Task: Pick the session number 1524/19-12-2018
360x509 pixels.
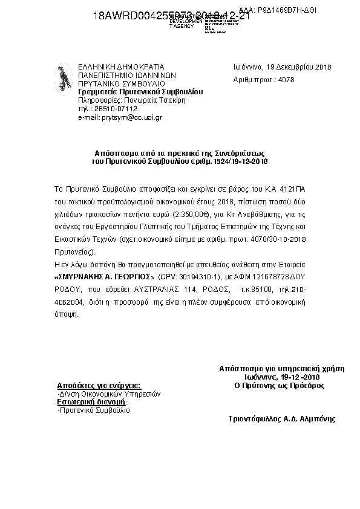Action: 242,162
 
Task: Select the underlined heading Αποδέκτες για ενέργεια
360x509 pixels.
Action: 98,384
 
